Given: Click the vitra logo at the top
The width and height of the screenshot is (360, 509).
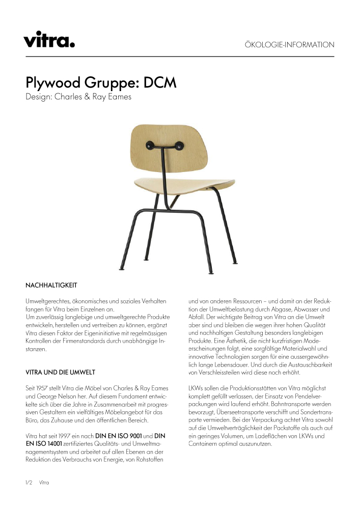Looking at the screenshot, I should (49, 39).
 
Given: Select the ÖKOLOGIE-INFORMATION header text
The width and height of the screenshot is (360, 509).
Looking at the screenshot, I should (289, 45).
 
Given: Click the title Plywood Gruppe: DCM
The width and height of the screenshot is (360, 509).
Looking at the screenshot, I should (101, 82).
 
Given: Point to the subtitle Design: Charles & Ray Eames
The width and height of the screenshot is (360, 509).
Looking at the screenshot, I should (78, 97).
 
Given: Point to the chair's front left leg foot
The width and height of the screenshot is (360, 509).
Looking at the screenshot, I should (121, 268).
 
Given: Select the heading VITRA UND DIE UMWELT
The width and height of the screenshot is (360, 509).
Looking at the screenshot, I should (60, 372).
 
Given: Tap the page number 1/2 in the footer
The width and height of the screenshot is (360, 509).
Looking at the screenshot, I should (29, 482).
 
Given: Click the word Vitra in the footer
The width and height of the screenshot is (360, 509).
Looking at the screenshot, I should (44, 482).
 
